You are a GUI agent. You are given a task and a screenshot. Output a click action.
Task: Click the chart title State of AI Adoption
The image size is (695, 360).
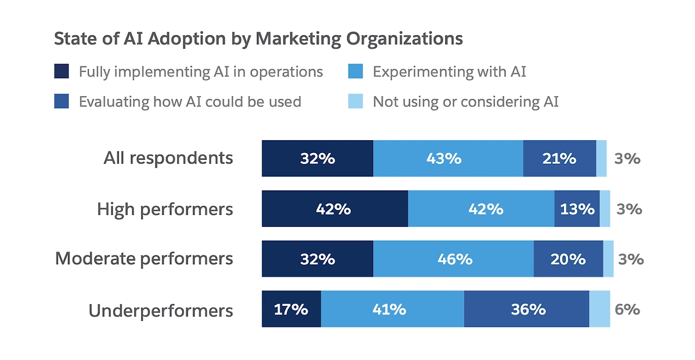[258, 39]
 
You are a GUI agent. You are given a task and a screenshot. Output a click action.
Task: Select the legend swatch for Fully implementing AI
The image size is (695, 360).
[62, 72]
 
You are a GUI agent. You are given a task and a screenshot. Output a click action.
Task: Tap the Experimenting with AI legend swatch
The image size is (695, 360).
[356, 72]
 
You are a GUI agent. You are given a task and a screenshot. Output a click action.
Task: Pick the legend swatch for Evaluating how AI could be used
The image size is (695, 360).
[62, 102]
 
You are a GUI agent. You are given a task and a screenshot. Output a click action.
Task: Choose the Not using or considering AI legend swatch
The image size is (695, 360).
[356, 102]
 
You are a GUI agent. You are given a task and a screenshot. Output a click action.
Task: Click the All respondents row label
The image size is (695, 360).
[168, 158]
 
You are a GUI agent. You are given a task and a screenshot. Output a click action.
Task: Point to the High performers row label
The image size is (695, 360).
[165, 209]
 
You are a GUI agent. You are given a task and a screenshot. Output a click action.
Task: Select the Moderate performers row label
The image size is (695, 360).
[144, 258]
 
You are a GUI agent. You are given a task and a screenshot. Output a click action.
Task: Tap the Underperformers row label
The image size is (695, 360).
[161, 311]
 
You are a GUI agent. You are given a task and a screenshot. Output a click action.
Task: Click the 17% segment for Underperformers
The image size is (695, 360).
[291, 309]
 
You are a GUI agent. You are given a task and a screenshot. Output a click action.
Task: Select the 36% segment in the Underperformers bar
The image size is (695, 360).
[527, 309]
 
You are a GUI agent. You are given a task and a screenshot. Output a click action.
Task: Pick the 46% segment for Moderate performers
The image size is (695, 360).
[454, 259]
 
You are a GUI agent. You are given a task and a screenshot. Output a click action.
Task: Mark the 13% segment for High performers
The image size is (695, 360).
[577, 209]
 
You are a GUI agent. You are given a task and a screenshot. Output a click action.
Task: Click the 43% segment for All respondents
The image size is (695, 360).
[448, 159]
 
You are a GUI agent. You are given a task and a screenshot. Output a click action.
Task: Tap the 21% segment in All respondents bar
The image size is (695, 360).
[559, 159]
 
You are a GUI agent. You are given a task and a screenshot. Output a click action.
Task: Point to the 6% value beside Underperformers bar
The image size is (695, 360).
[627, 310]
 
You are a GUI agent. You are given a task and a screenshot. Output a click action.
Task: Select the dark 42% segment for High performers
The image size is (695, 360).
[334, 209]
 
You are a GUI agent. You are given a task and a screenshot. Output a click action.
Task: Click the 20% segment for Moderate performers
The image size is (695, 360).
[568, 259]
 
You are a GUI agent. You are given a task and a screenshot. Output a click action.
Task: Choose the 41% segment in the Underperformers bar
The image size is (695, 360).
[392, 309]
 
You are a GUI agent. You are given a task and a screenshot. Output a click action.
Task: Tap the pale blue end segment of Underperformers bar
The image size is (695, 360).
[599, 309]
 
